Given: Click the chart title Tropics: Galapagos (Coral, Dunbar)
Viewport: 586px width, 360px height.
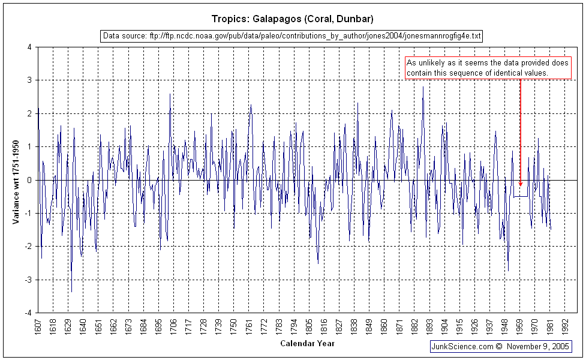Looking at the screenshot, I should click(292, 19).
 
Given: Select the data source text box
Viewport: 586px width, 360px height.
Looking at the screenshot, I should click(292, 36).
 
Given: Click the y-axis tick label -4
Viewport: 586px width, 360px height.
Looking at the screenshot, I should click(28, 313).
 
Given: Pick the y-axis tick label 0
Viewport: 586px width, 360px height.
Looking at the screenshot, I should click(29, 180).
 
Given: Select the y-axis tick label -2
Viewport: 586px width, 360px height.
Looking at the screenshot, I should click(28, 247).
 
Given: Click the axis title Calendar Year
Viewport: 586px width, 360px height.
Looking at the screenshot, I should click(307, 344).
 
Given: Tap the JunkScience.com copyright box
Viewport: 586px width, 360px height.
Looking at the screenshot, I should click(500, 347).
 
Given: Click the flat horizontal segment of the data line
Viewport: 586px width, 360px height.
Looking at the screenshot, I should click(520, 196).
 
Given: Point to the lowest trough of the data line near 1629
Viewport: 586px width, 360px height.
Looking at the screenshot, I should click(71, 292).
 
